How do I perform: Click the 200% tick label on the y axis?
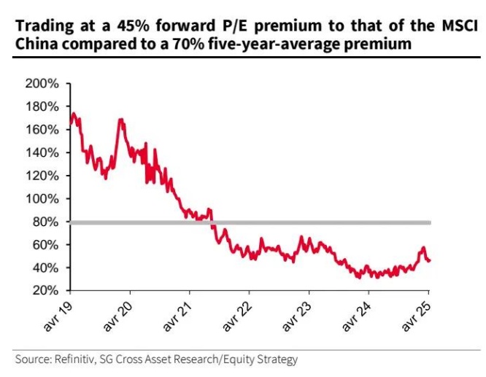tap(43, 83)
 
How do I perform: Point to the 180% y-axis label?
tap(43, 106)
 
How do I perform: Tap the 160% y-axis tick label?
tap(43, 130)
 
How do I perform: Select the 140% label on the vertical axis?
tap(43, 152)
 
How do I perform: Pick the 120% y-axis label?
tap(43, 176)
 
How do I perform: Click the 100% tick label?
tap(43, 198)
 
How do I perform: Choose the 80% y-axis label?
tap(46, 222)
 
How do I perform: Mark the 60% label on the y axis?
tap(46, 244)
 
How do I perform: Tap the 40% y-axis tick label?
tap(46, 268)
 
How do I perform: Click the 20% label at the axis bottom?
tap(46, 290)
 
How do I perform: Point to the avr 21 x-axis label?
tap(178, 314)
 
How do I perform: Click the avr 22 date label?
tap(237, 314)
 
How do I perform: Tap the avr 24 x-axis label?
tap(356, 314)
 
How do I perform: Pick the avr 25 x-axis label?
tap(416, 314)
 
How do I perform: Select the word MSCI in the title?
tap(458, 27)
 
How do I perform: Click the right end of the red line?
tap(428, 260)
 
